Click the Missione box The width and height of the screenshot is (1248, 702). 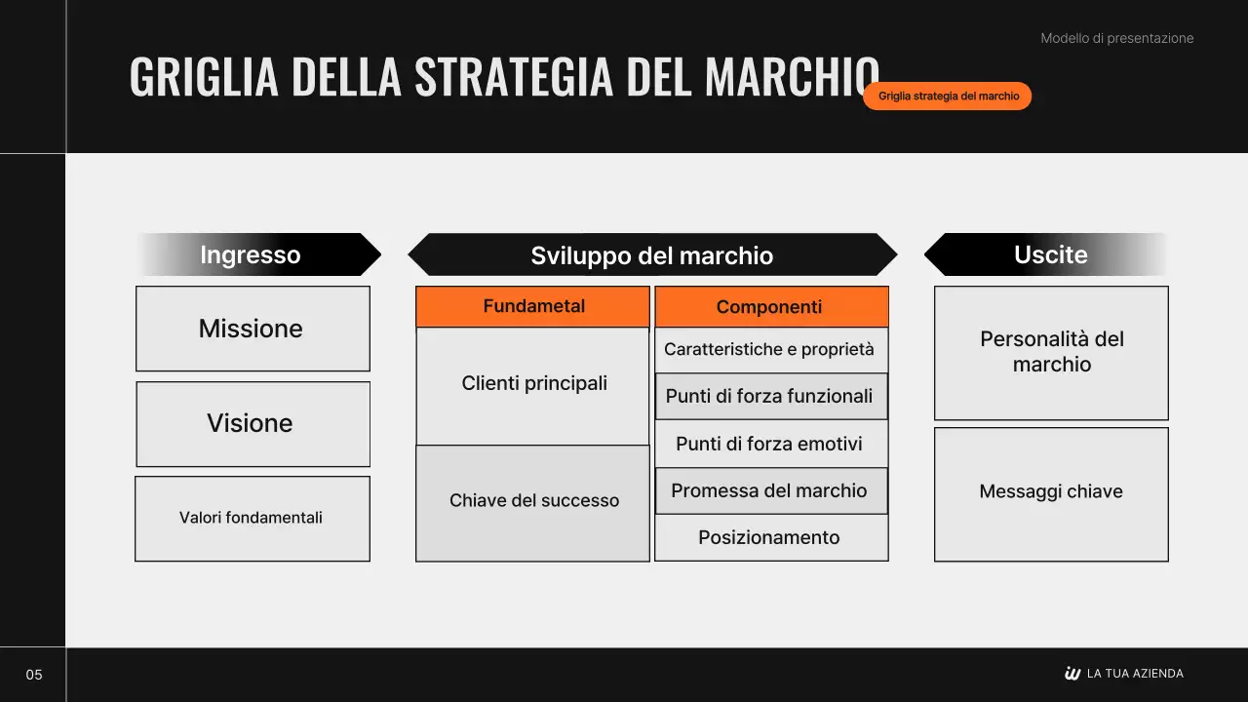tap(253, 329)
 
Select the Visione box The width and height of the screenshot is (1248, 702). tap(253, 423)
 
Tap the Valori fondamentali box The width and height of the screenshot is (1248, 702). tap(252, 518)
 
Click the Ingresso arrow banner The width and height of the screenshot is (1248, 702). tap(258, 254)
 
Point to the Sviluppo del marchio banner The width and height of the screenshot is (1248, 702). tap(651, 255)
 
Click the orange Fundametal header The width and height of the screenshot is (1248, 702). tap(533, 306)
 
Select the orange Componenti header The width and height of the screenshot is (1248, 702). tap(770, 307)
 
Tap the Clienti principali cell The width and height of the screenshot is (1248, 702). tap(533, 384)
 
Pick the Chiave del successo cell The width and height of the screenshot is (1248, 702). tap(533, 501)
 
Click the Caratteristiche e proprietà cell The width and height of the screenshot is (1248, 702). tap(770, 349)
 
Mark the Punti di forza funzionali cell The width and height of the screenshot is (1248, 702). tap(770, 396)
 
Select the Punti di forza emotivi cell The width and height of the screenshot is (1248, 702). tap(770, 444)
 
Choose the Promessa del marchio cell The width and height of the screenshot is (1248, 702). tap(770, 490)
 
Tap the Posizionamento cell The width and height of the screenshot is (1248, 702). tap(770, 537)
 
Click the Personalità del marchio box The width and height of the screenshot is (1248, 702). tap(1051, 352)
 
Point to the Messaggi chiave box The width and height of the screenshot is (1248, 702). tap(1051, 492)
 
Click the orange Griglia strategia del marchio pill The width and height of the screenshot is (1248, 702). tap(948, 97)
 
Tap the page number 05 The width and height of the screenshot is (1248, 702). tap(34, 675)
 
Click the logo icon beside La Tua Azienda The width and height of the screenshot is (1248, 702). tap(1072, 674)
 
